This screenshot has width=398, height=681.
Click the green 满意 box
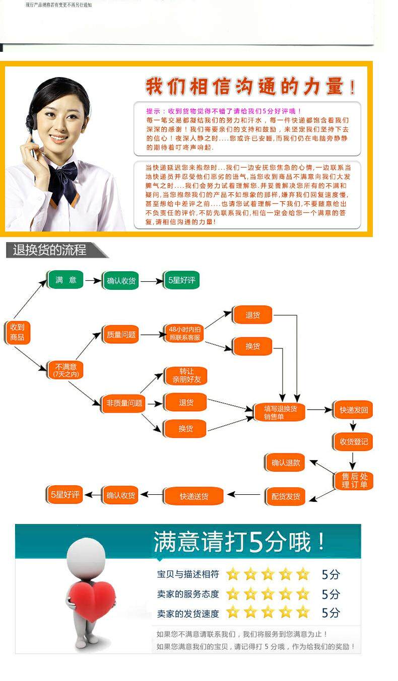(65, 280)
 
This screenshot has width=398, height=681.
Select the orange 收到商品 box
(18, 332)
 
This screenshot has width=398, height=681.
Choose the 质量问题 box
(121, 334)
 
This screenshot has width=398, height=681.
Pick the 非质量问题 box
(124, 403)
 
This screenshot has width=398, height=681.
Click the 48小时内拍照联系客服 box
(185, 334)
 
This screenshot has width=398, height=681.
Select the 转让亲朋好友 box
(186, 375)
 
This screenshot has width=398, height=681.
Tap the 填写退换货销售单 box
(281, 412)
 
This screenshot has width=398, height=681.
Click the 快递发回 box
(354, 410)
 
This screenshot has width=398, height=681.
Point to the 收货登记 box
(354, 441)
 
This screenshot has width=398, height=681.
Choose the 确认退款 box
(286, 463)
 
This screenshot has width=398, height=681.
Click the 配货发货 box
(286, 496)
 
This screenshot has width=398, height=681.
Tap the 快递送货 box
(194, 496)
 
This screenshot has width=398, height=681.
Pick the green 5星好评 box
(181, 280)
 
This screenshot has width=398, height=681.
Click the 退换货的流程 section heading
(50, 250)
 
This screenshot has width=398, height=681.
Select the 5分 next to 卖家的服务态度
(331, 594)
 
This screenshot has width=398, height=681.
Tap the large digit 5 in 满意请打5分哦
(256, 543)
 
